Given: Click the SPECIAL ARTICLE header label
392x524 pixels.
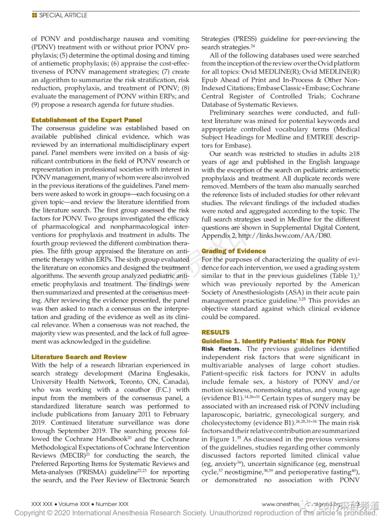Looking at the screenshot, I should pos(63,15).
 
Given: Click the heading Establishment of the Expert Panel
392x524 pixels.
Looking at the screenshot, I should pos(86,120).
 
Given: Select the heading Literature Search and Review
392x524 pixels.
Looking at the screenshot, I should pos(79,357).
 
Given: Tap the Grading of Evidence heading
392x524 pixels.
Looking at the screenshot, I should pos(233,251).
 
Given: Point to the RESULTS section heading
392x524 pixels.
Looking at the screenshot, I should pos(215,332).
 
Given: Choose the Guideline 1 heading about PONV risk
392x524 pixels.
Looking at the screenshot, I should pos(273,341).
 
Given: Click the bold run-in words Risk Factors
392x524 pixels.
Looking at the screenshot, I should pos(221,349).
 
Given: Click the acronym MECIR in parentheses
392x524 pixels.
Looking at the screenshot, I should pos(74,455).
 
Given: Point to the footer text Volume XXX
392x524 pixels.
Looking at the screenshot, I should pos(74,504).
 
